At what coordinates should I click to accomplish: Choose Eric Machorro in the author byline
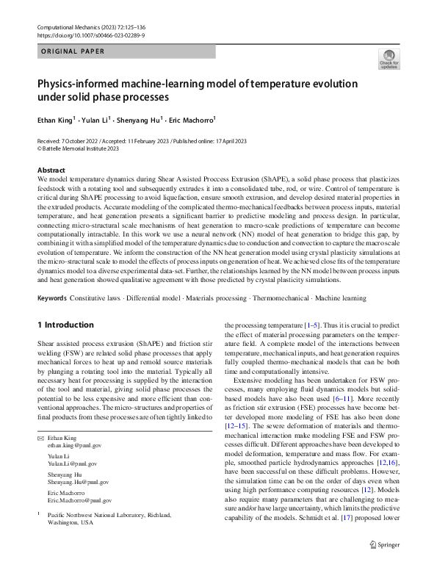[190, 120]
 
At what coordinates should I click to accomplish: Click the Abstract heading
[51, 170]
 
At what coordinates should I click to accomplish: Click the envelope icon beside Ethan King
[40, 438]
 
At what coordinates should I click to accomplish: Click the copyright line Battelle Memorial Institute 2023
[79, 147]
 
